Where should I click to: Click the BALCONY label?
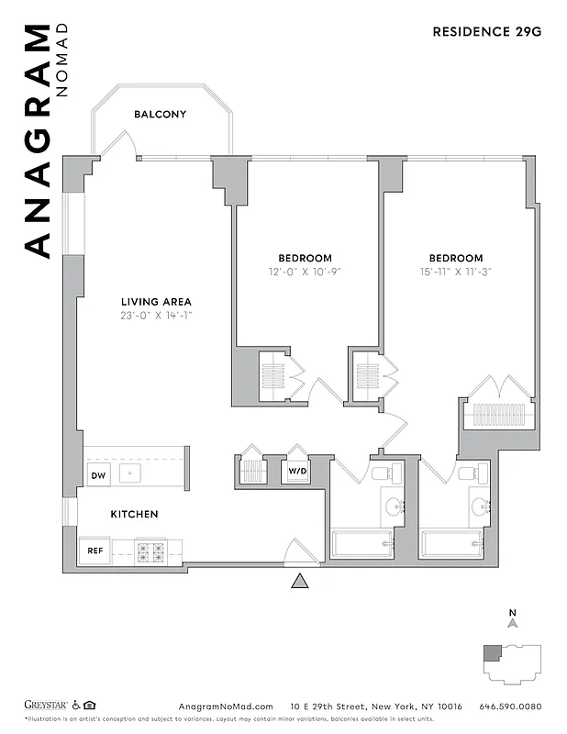[x=160, y=115]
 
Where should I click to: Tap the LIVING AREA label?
[x=156, y=302]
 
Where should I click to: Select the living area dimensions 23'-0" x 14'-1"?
[x=156, y=316]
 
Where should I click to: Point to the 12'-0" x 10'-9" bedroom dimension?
[x=306, y=272]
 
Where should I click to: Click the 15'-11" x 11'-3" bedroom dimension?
[x=455, y=272]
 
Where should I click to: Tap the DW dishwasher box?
[x=98, y=475]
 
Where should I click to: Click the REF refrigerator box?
[x=94, y=551]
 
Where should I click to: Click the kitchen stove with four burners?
[x=150, y=552]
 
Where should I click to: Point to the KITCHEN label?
[x=135, y=515]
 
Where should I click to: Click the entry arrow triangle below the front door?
[x=299, y=581]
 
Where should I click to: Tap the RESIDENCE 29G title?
[x=486, y=32]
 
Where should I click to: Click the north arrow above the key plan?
[x=513, y=621]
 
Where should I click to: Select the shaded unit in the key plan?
[x=494, y=653]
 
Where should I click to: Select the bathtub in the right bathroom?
[x=452, y=544]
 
